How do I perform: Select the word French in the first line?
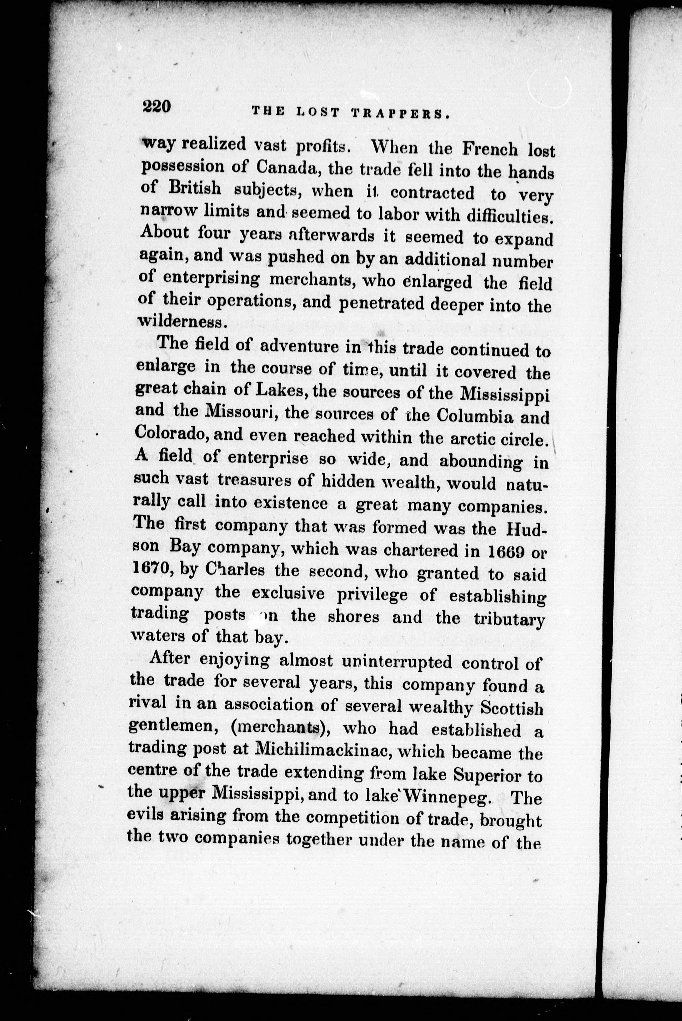pos(490,149)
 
